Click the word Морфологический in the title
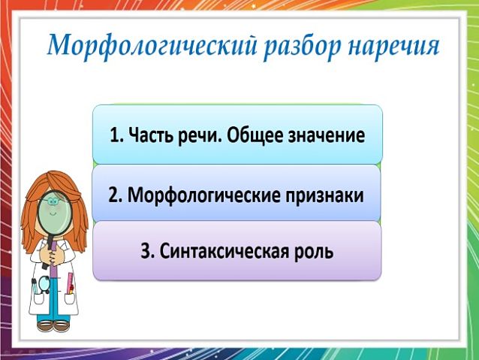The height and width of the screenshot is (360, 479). pyautogui.click(x=152, y=47)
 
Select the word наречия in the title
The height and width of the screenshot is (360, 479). pyautogui.click(x=393, y=47)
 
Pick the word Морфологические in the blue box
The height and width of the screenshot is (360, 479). pyautogui.click(x=204, y=195)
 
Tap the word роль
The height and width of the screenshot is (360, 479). pyautogui.click(x=313, y=253)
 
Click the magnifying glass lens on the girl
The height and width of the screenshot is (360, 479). pyautogui.click(x=55, y=213)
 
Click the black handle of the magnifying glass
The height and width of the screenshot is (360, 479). pyautogui.click(x=48, y=252)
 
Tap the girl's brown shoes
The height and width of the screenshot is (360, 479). pyautogui.click(x=53, y=326)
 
